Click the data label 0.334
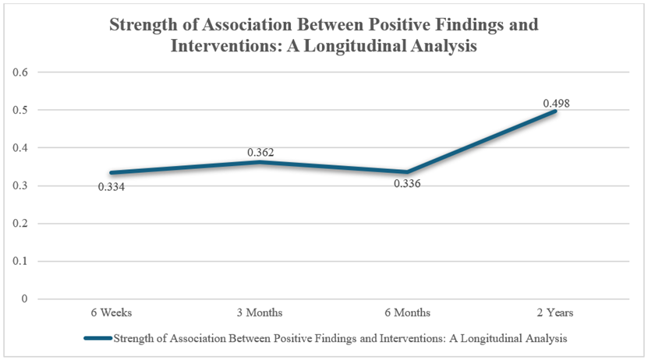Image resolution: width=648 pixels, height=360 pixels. click(112, 187)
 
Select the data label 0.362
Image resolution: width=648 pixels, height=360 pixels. click(260, 153)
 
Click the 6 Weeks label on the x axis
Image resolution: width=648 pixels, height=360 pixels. click(112, 312)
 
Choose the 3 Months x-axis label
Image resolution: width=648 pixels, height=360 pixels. click(260, 312)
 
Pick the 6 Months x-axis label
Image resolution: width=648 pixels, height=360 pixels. click(409, 312)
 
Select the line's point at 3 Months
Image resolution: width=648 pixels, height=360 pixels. click(260, 162)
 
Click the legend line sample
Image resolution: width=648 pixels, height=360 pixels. click(97, 338)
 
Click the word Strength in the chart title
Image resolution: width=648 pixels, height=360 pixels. click(144, 24)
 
